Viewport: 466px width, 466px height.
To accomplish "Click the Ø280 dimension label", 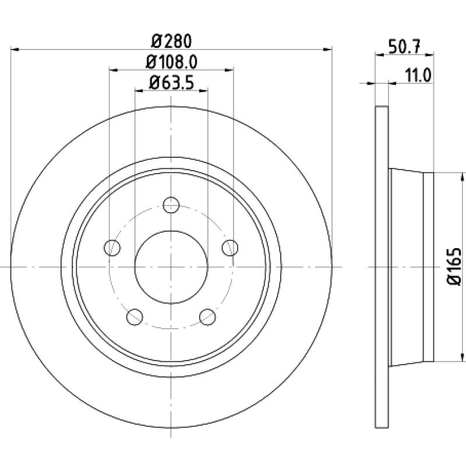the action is (x=171, y=41).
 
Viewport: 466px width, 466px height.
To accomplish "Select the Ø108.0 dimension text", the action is (x=171, y=62).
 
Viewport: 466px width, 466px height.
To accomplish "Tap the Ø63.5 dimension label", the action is (x=171, y=83).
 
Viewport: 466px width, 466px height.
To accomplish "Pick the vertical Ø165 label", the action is (x=454, y=267).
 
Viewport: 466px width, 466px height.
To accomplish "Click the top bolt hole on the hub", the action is (x=171, y=205).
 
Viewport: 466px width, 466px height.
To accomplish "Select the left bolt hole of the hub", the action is (x=112, y=248).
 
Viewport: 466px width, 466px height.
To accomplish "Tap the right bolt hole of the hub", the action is (x=230, y=248).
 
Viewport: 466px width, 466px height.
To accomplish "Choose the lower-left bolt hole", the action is (x=135, y=317).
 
